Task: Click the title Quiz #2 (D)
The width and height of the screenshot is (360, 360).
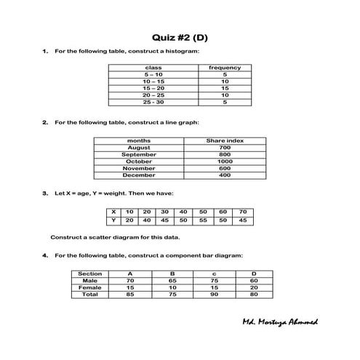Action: [x=179, y=37]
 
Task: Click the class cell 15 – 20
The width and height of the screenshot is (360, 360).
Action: [x=153, y=88]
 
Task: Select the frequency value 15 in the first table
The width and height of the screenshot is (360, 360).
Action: [x=225, y=88]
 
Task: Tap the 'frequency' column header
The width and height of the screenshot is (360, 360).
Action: [x=225, y=68]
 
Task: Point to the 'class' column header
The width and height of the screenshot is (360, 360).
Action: [x=153, y=68]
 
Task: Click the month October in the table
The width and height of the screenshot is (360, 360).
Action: [x=139, y=161]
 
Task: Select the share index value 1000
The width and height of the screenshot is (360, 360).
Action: [x=225, y=161]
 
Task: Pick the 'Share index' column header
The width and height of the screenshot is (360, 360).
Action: [x=225, y=140]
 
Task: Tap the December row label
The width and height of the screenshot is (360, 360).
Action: [x=139, y=175]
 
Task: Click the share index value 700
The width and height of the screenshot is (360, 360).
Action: [x=225, y=148]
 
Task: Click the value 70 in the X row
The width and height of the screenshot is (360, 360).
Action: [x=243, y=212]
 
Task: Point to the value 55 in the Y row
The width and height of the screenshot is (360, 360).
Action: [x=204, y=220]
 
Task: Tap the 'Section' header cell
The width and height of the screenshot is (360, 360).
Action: [x=90, y=273]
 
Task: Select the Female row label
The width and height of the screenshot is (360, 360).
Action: [x=90, y=287]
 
